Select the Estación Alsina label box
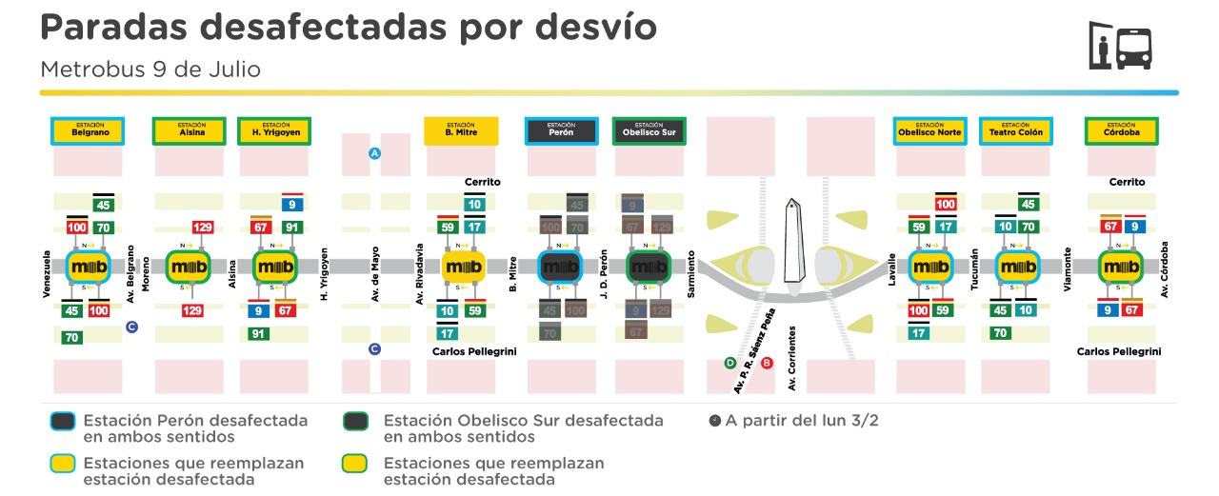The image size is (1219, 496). point(190,130)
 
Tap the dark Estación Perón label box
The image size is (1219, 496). point(562,130)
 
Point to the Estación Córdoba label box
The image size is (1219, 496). point(1122,130)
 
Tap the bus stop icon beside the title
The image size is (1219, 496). point(1120,47)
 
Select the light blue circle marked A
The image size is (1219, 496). point(375,153)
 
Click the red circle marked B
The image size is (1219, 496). point(768,363)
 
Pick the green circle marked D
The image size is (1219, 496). point(729,363)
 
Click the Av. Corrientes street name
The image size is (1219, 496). point(791,357)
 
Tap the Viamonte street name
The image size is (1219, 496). point(1069,273)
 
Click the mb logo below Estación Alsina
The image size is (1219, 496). point(190,267)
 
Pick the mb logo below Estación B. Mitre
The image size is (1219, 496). point(464,267)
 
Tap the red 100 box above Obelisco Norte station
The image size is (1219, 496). point(946,205)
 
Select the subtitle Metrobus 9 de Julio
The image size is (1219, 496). point(150,69)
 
